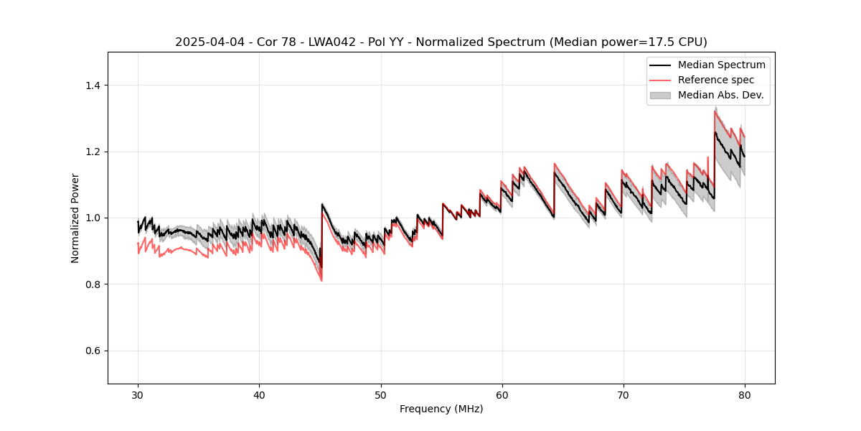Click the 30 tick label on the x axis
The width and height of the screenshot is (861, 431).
tap(138, 395)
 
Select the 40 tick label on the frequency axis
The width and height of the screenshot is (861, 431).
tap(259, 395)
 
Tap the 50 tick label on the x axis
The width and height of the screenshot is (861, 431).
tap(381, 395)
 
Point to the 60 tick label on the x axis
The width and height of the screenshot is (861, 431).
tap(502, 395)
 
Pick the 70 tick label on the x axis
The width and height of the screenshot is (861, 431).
tap(624, 395)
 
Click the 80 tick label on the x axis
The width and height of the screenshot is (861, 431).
tap(745, 395)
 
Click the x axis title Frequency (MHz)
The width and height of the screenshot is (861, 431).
tap(441, 409)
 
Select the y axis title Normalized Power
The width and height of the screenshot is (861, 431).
tap(75, 218)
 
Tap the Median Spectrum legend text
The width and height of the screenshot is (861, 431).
tap(721, 65)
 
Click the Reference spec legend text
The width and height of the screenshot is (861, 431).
tap(716, 80)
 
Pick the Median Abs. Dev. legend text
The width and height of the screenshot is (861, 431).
tap(720, 95)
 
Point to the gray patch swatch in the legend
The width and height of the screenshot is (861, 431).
tap(660, 95)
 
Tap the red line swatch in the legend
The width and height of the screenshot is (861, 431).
tap(660, 80)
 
